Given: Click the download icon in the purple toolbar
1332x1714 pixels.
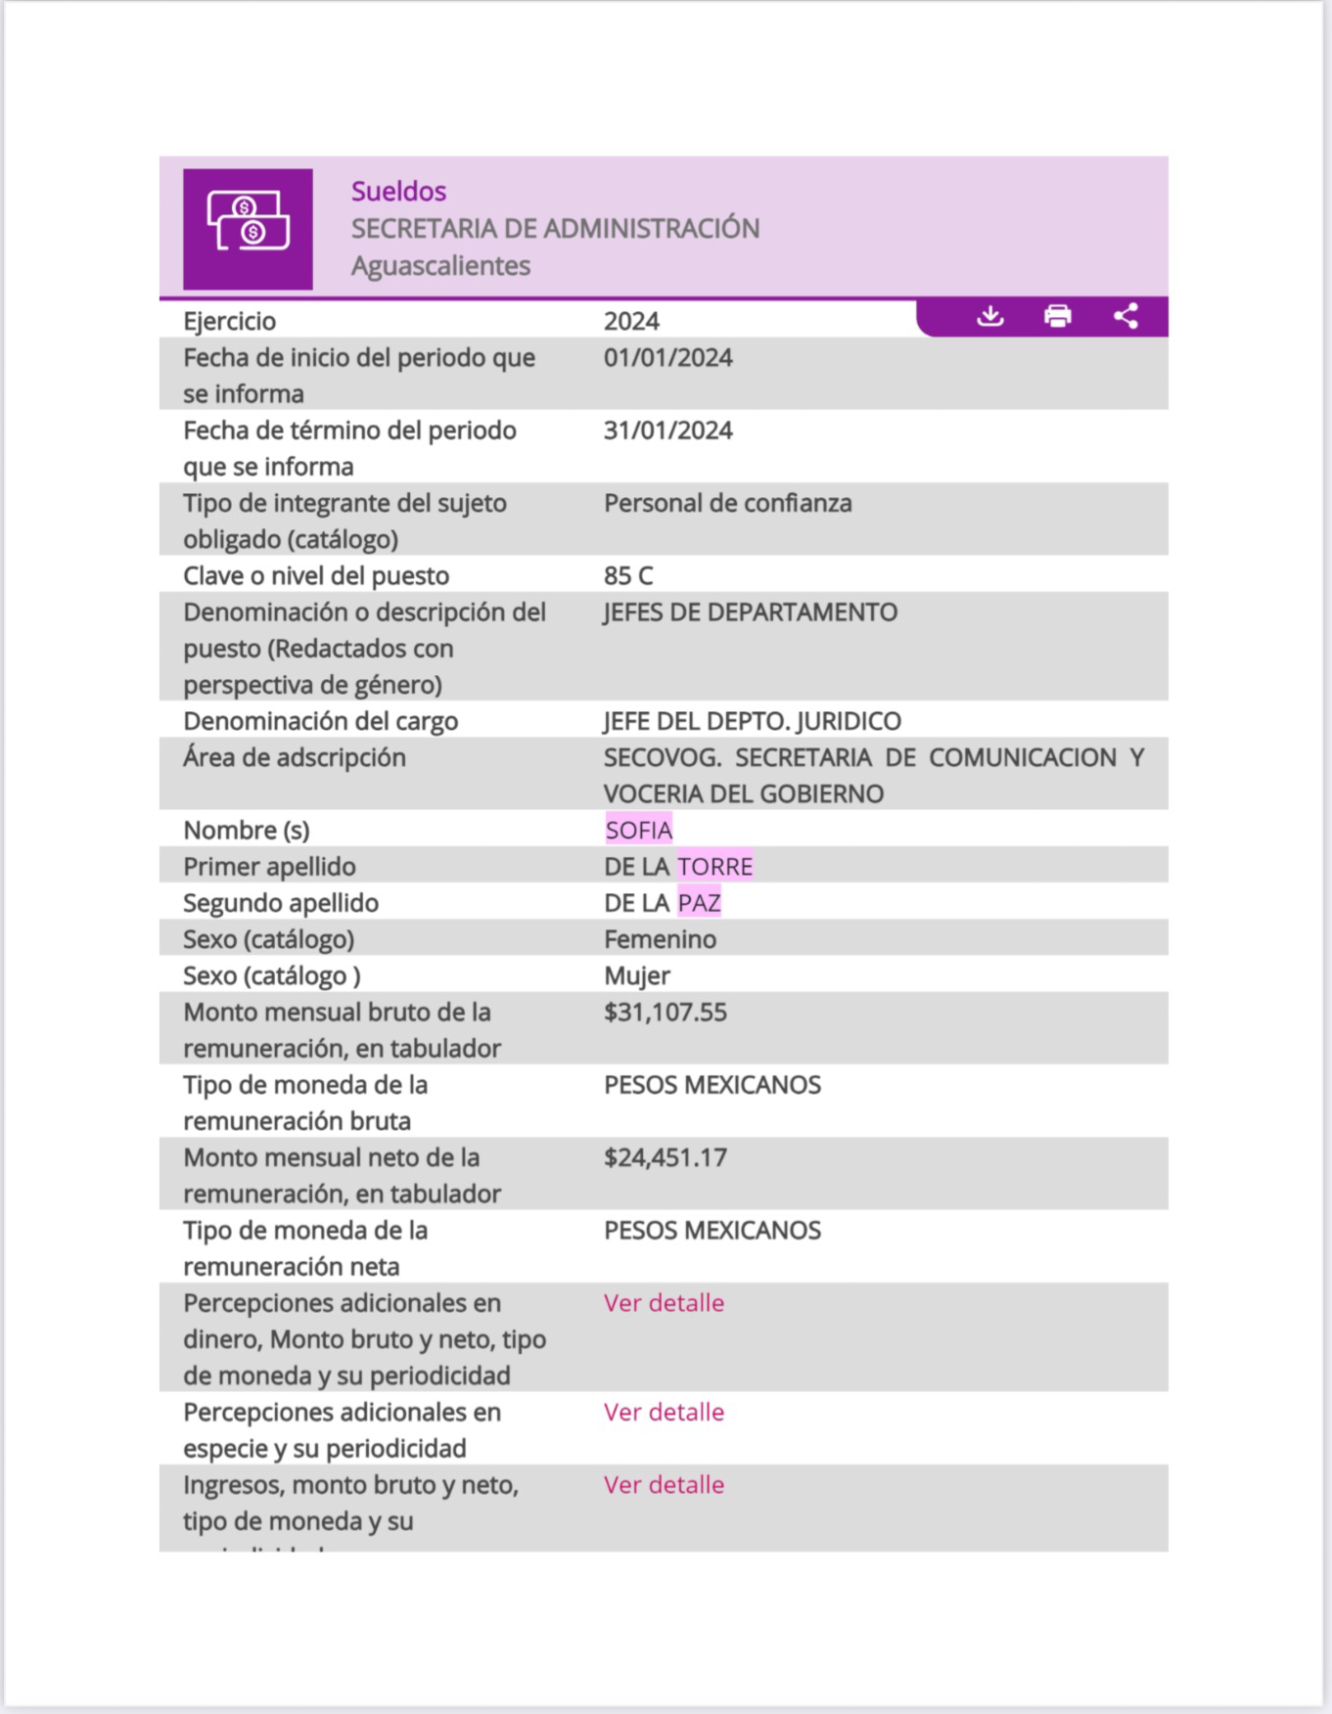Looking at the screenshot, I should coord(990,316).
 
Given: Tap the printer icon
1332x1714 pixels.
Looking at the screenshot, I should coord(1057,316).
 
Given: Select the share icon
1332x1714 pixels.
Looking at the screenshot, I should coord(1125,316).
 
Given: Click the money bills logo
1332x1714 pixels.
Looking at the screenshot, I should coord(248,229).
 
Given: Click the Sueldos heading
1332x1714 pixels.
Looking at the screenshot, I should coord(398,191).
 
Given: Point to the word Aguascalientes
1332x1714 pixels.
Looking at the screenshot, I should coord(440,265).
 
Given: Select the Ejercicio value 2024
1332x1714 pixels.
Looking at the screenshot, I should coord(631,321).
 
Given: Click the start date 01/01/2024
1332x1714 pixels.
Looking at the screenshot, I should coord(667,357).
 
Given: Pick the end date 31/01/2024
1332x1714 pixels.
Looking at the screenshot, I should coord(667,430).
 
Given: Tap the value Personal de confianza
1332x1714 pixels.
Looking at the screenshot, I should coord(727,503).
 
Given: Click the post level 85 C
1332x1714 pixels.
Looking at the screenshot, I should coord(628,575).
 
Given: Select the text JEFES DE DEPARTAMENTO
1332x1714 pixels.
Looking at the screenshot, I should coord(750,612).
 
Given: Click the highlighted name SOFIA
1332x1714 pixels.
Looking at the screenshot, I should coord(638,830).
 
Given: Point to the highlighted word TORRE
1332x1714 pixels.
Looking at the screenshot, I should coord(715,867).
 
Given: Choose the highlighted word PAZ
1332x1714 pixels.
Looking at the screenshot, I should coord(699,903).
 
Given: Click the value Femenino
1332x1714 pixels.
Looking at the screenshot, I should coord(660,939).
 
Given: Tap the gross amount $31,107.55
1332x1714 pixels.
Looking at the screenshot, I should coord(665,1012).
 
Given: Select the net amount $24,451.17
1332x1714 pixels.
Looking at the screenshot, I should coord(665,1157).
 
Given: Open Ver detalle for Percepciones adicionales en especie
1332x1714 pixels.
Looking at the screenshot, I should coord(664,1412).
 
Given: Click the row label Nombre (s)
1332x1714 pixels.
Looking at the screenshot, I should coord(247,830).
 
